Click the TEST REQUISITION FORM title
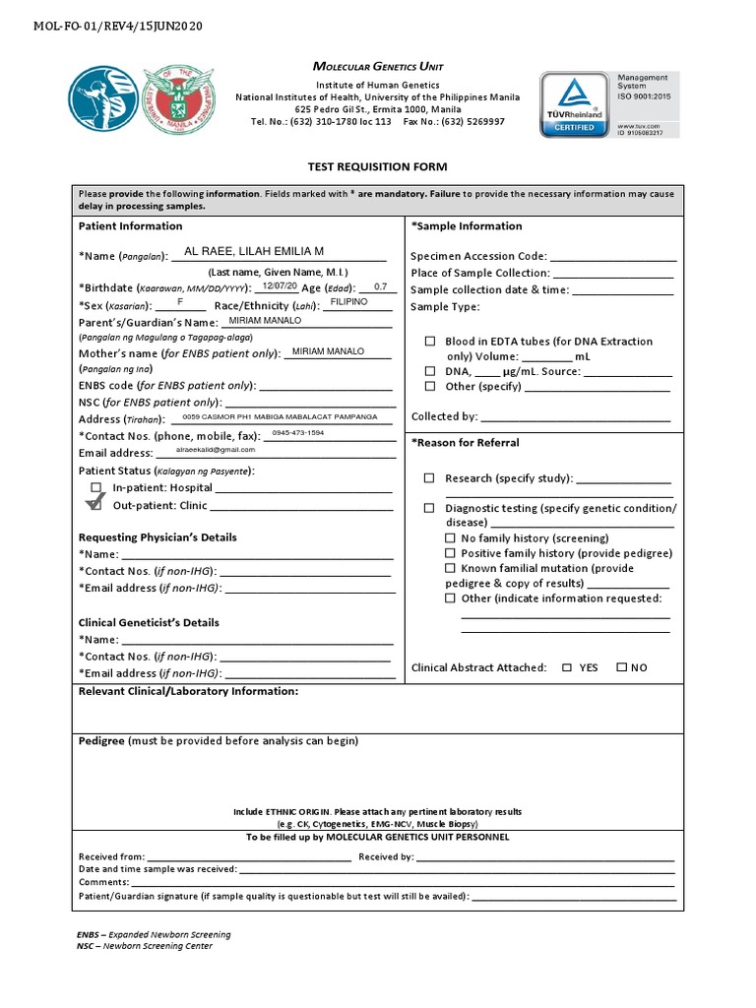point(377,167)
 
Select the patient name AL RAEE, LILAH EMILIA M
point(254,252)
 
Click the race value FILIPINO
point(348,302)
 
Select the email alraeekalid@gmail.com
point(215,450)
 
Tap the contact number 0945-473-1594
point(297,433)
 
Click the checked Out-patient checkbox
point(94,504)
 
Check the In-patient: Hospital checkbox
point(95,487)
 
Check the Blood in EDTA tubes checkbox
point(429,342)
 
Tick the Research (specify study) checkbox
point(429,478)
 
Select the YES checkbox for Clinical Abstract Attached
point(566,667)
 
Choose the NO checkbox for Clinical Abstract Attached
point(621,667)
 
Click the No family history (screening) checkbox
point(450,538)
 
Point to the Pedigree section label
point(101,740)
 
